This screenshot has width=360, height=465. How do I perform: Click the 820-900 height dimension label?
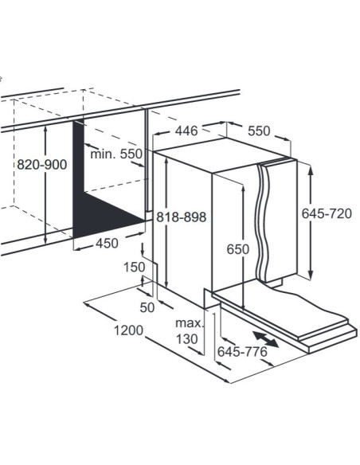pos(41,164)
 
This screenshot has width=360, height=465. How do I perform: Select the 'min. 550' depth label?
pos(116,154)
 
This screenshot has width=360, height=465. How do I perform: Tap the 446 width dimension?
pos(186,131)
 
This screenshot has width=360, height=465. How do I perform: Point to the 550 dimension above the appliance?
pos(259,131)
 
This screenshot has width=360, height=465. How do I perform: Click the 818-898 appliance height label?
pos(181,217)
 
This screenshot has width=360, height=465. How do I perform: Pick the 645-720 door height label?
pos(327,213)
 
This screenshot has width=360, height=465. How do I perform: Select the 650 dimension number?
pos(238,249)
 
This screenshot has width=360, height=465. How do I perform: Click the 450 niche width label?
pos(107,243)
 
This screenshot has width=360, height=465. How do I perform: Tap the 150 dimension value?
pos(135,268)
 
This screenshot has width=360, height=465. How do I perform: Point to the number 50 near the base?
pos(147,307)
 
